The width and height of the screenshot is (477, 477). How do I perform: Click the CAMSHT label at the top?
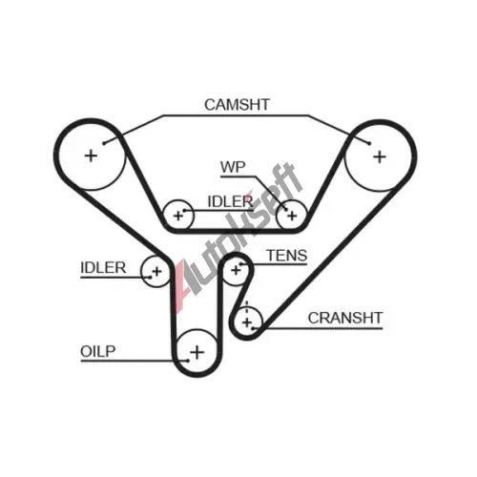pyautogui.click(x=237, y=105)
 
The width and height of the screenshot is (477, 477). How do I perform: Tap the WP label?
pyautogui.click(x=233, y=167)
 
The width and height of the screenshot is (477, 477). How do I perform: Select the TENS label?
pyautogui.click(x=287, y=256)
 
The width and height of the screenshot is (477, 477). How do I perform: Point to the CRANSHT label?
pyautogui.click(x=345, y=318)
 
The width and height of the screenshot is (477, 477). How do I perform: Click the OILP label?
pyautogui.click(x=97, y=351)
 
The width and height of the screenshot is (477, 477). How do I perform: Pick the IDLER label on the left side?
pyautogui.click(x=103, y=268)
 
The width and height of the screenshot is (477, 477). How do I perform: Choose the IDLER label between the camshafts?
pyautogui.click(x=230, y=201)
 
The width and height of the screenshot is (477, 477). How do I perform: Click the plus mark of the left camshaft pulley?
pyautogui.click(x=91, y=156)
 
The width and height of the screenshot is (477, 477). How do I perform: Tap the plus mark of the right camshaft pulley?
pyautogui.click(x=380, y=157)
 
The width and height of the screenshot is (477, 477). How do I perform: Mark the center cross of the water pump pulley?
pyautogui.click(x=292, y=216)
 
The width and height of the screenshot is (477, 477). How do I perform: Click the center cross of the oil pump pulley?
pyautogui.click(x=197, y=352)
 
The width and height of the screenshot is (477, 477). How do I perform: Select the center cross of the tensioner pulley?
pyautogui.click(x=236, y=270)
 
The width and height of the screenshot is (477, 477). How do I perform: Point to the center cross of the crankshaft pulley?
pyautogui.click(x=247, y=322)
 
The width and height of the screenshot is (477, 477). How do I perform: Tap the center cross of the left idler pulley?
pyautogui.click(x=156, y=272)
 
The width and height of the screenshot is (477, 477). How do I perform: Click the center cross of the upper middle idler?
pyautogui.click(x=178, y=216)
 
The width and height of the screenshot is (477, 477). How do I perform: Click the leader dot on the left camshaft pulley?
pyautogui.click(x=104, y=143)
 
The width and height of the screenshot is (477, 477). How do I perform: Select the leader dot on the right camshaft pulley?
pyautogui.click(x=369, y=143)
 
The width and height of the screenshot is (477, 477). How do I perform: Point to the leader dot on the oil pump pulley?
pyautogui.click(x=188, y=361)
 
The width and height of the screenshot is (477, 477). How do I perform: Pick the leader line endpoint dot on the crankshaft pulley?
pyautogui.click(x=254, y=328)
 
